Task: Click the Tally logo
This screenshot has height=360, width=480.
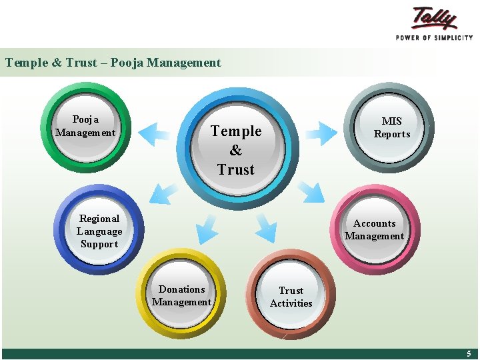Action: coord(434,18)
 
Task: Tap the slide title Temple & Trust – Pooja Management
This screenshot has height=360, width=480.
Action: coord(113,63)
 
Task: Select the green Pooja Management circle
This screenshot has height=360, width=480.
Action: coord(85,127)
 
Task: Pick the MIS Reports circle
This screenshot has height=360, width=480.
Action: coord(391,127)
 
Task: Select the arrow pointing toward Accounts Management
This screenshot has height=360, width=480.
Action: coord(311,192)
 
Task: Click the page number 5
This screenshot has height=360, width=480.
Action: coord(468,354)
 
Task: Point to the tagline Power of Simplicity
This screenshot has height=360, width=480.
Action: coord(434,37)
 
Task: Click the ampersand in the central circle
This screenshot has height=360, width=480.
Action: coord(236,151)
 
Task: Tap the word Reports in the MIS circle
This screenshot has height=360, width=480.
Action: coord(391,134)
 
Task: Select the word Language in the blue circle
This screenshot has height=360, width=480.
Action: coord(99,231)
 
